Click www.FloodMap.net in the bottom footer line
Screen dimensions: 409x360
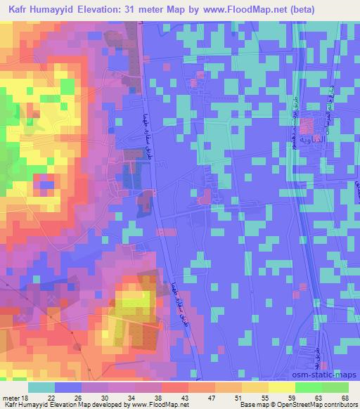(150, 404)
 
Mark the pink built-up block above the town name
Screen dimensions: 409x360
(307, 126)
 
